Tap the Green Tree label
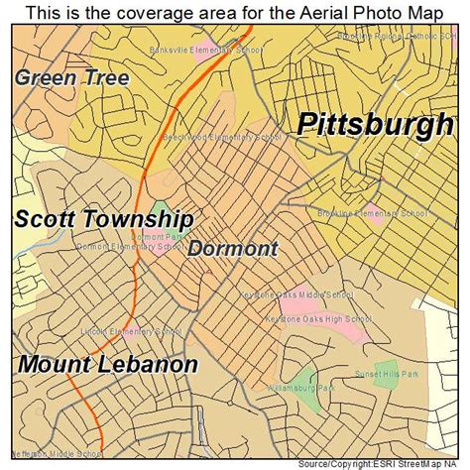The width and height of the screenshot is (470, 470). coord(71,77)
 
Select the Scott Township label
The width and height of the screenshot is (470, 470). coord(103,219)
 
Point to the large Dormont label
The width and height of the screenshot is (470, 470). coord(233,248)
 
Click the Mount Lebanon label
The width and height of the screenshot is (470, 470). coord(107,364)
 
